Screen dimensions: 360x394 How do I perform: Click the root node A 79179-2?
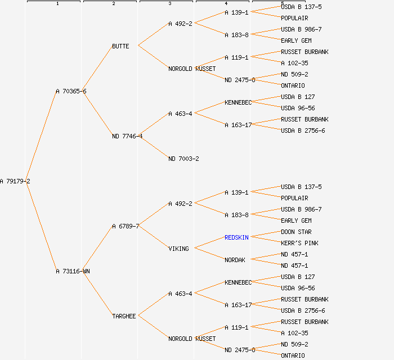15,181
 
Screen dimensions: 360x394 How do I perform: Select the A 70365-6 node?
71,91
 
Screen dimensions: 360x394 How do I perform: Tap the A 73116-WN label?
73,271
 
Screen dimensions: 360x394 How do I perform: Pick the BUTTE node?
120,46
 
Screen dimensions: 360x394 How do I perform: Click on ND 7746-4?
127,136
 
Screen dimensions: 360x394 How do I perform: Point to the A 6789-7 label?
126,226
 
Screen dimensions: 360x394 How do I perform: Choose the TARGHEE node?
124,316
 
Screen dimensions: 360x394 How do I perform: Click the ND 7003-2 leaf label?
183,159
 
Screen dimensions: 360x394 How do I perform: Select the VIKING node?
178,249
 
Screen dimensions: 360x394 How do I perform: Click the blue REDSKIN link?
236,237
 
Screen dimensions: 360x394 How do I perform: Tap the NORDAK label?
235,260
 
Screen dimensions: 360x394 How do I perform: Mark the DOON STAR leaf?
296,232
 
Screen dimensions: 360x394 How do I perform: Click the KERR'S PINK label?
299,243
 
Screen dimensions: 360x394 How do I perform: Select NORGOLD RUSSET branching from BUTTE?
192,69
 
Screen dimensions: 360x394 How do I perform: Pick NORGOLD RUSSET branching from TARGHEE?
192,339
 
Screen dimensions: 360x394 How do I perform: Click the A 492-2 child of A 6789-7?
180,204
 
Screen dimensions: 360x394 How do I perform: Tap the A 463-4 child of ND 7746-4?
180,114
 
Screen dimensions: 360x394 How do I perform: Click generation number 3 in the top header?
169,4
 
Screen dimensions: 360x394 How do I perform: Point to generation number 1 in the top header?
57,4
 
